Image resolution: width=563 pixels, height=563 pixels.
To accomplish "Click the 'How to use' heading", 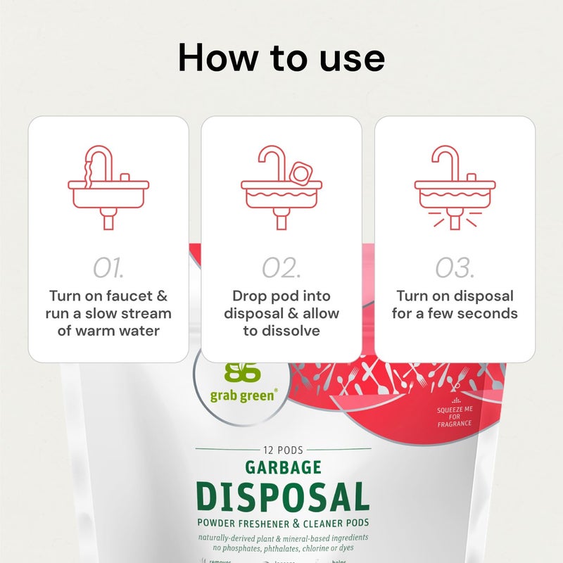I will pos(281,58).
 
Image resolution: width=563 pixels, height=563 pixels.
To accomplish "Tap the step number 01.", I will pos(108,267).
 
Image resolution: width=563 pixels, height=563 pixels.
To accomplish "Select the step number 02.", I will pos(281,267).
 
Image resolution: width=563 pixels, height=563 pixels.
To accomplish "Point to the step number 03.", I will pos(454,267).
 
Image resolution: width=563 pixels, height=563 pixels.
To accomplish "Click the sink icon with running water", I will pos(108,187).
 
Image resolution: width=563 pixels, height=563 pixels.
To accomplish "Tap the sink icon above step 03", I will pos(454,187).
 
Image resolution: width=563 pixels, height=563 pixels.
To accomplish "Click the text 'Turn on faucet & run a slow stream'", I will pos(108,305).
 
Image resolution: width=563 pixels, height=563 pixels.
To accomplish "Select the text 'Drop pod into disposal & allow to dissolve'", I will pos(281,313).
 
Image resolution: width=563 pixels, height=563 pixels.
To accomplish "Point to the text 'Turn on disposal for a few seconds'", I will pos(454,305).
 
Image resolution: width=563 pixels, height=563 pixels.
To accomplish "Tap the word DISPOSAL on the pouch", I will pos(281,498).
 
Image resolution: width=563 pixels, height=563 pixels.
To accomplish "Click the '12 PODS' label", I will pos(281,448).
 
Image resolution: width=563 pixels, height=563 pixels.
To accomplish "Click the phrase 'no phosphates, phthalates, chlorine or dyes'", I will pos(281,548).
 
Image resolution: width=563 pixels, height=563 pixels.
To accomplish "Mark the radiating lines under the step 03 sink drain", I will pos(454,222).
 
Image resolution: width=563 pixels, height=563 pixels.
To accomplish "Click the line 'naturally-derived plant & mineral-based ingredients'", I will pos(281,537).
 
